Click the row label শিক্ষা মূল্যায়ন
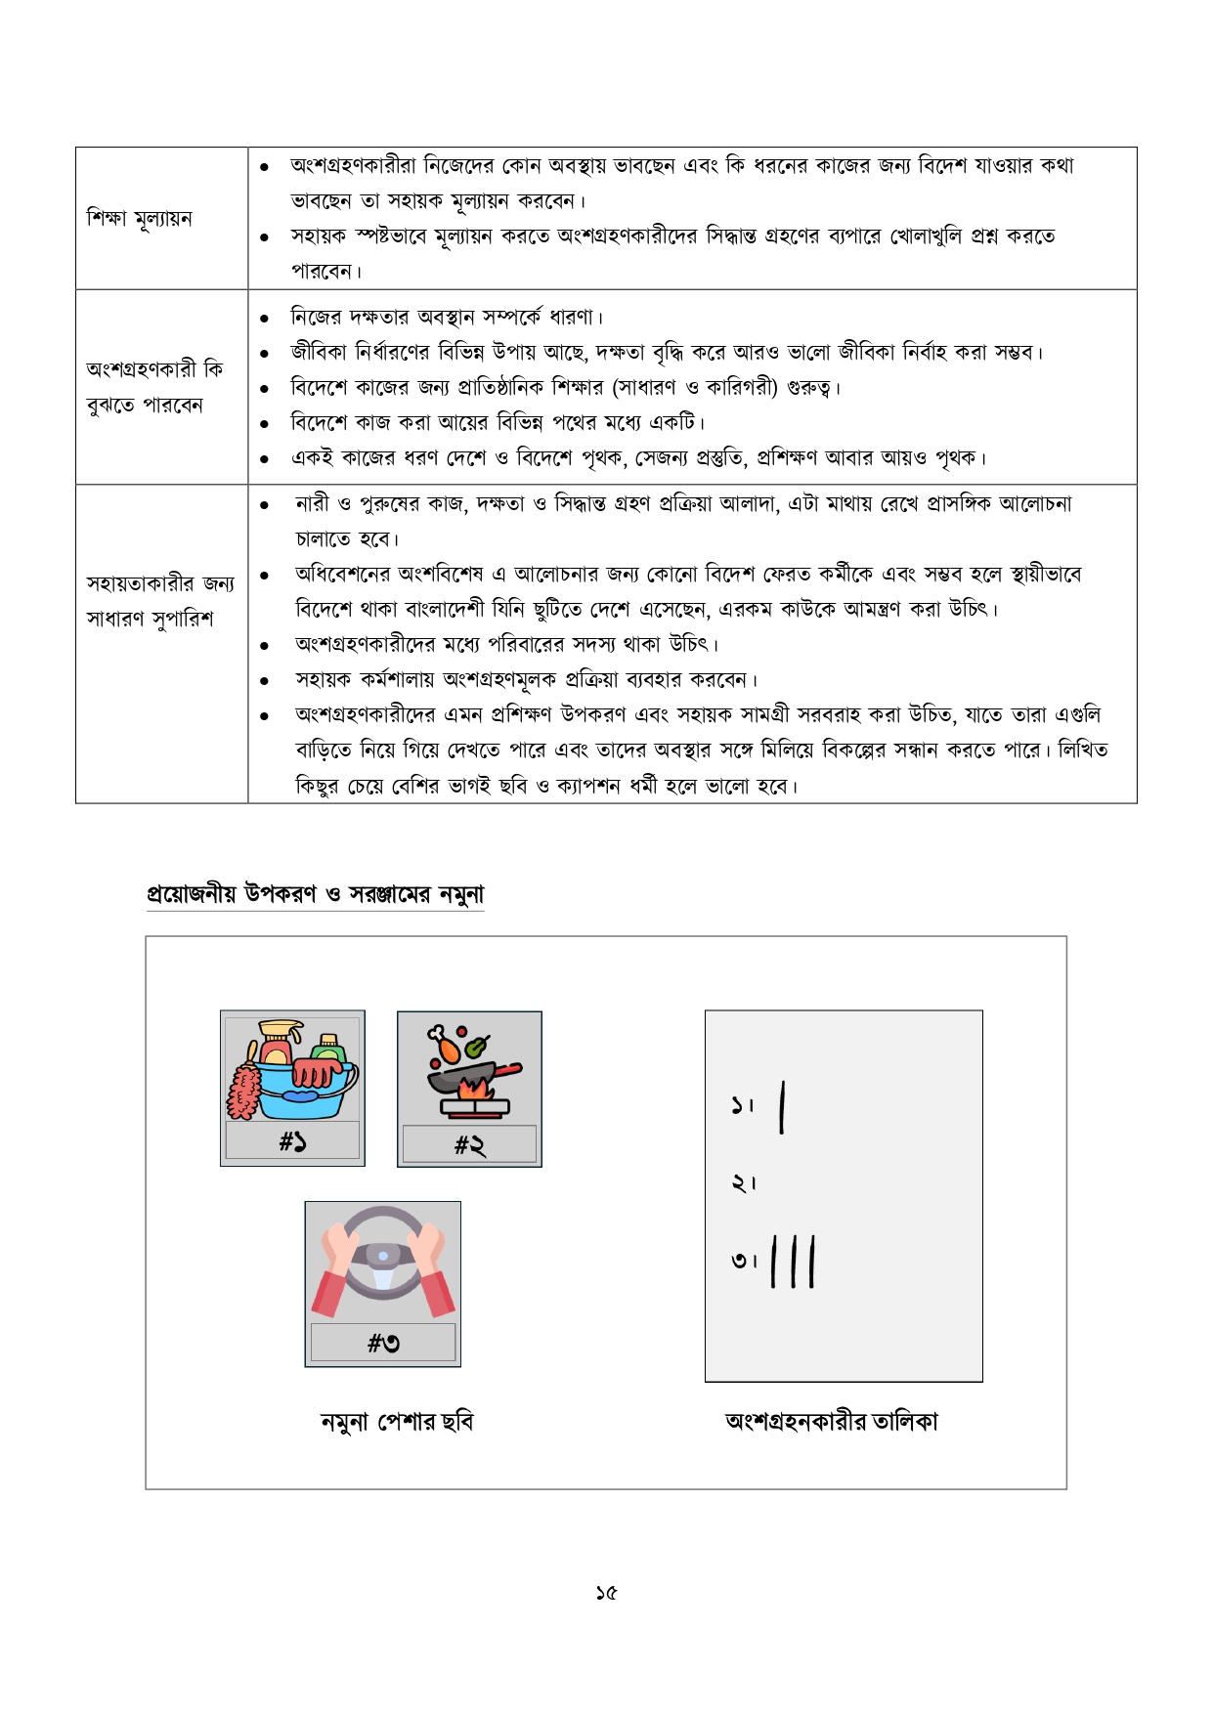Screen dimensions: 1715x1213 click(139, 218)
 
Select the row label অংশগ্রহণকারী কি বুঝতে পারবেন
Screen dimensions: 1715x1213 click(153, 387)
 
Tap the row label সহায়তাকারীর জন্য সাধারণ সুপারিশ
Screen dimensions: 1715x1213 click(159, 601)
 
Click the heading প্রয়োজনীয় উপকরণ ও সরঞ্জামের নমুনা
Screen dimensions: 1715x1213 click(315, 894)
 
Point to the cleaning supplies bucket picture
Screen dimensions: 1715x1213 click(292, 1070)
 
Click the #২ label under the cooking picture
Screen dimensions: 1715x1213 click(469, 1144)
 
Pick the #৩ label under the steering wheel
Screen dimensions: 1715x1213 click(383, 1344)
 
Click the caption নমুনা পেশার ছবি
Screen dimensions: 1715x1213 click(397, 1422)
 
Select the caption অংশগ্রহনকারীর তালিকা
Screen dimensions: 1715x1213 click(832, 1422)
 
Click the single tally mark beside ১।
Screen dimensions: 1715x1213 click(782, 1107)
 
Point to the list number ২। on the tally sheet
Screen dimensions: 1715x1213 click(743, 1183)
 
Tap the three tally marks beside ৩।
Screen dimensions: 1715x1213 click(793, 1262)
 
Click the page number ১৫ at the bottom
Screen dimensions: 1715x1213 click(606, 1593)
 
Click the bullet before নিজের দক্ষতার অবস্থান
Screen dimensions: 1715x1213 click(264, 319)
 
